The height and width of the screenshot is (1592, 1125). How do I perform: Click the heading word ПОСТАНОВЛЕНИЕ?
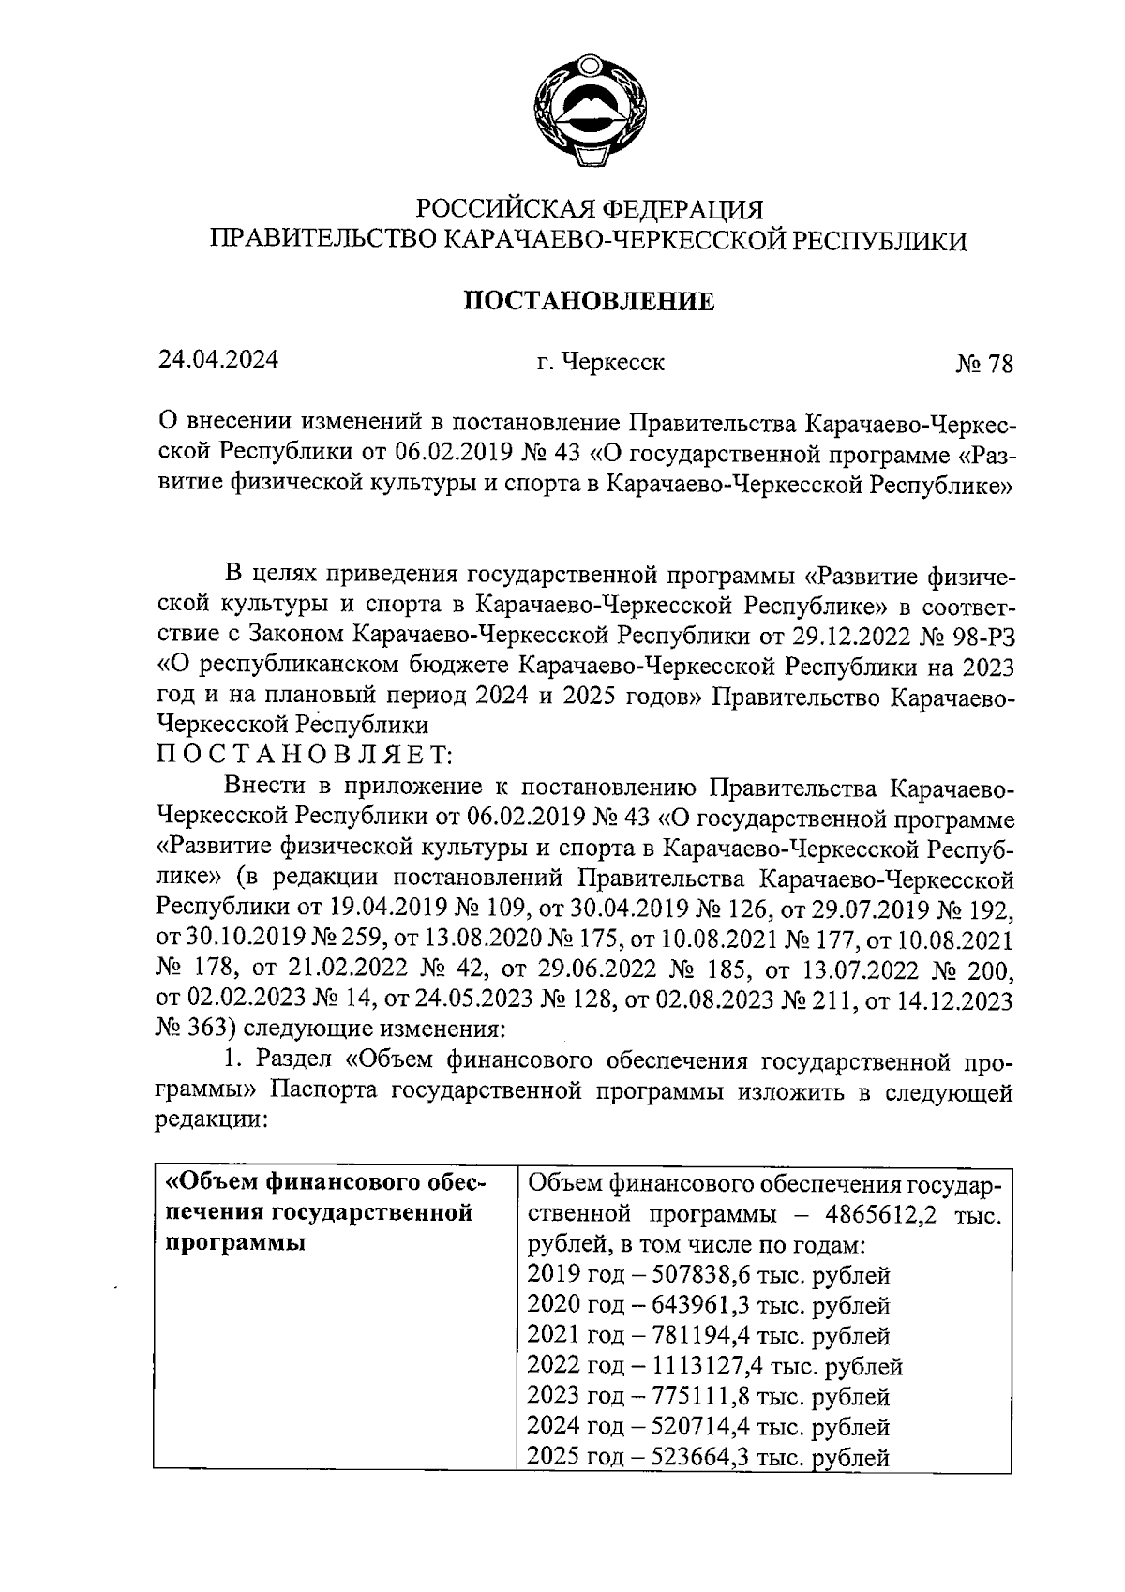pyautogui.click(x=590, y=301)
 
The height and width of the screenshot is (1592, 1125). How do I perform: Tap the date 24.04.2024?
pyautogui.click(x=217, y=360)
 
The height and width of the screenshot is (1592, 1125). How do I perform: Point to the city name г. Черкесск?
pyautogui.click(x=601, y=362)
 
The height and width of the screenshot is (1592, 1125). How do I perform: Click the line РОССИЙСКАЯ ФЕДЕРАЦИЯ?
pyautogui.click(x=590, y=207)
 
